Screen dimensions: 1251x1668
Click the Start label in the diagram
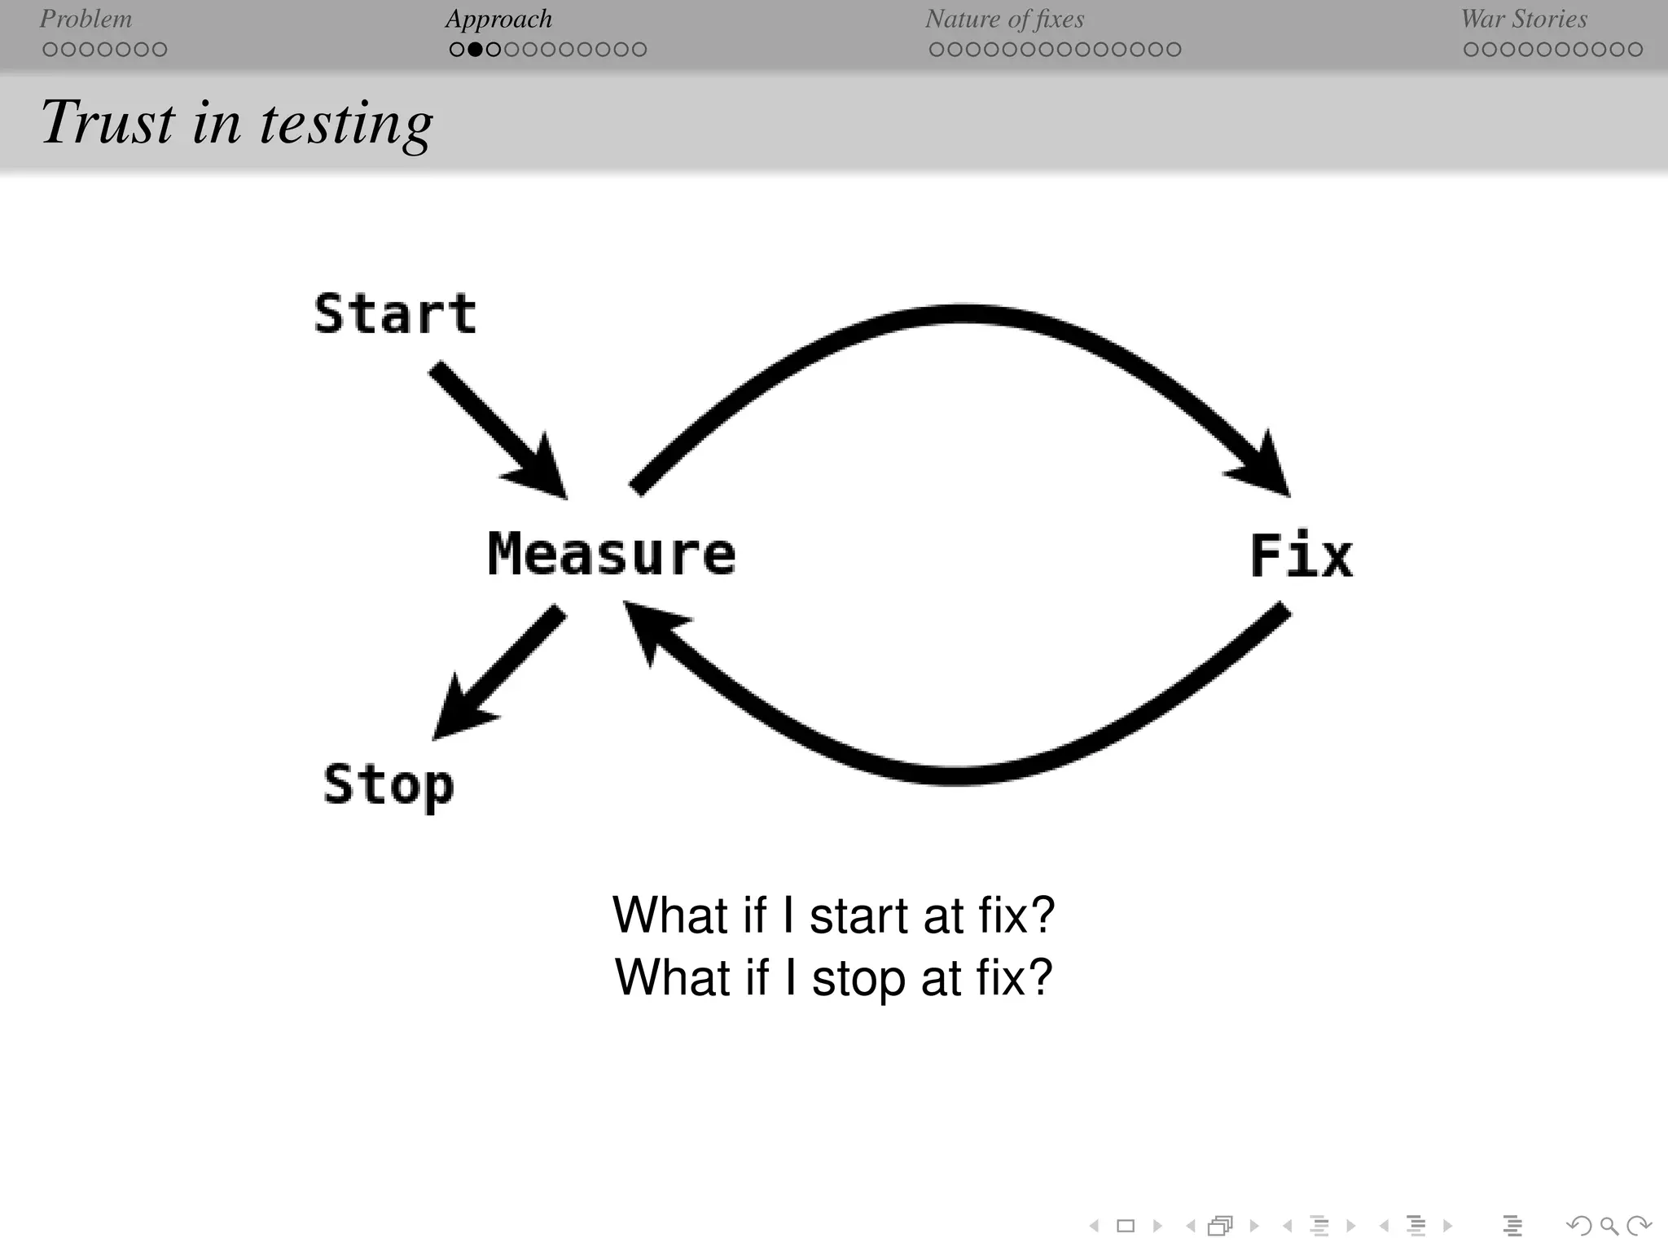(x=395, y=314)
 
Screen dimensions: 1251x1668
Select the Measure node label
(x=612, y=554)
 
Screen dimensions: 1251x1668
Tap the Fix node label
(x=1301, y=556)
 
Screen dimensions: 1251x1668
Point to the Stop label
(x=388, y=785)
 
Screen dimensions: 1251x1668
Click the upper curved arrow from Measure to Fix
(x=961, y=316)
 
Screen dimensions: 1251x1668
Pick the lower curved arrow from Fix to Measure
(x=961, y=774)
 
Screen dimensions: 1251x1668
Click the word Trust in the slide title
(x=108, y=122)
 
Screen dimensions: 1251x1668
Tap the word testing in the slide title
(x=346, y=124)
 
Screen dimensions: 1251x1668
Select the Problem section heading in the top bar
(x=86, y=19)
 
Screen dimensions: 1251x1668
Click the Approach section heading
(x=498, y=19)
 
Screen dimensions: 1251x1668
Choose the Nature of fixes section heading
(x=1004, y=19)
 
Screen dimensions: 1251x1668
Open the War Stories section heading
(x=1524, y=19)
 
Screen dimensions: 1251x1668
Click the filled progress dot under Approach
(x=475, y=50)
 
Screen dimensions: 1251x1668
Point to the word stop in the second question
(x=858, y=977)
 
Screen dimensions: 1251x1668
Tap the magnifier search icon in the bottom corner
(x=1609, y=1226)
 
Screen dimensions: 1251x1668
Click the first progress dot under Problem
(x=50, y=50)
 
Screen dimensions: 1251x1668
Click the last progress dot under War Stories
(x=1635, y=50)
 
